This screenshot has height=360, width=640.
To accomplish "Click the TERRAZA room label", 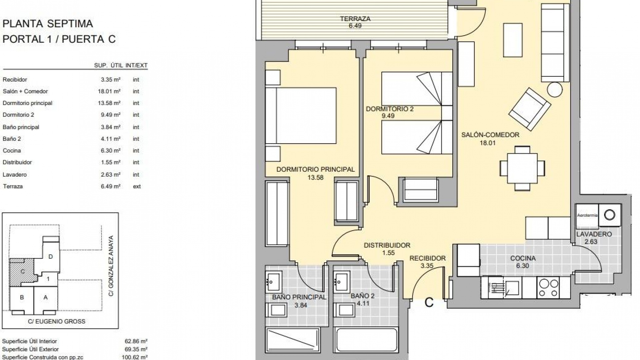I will (355, 19).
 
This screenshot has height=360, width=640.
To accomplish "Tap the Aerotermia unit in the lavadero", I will (587, 215).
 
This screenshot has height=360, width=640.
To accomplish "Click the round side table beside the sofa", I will (555, 90).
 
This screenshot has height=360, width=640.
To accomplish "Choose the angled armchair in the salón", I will (529, 109).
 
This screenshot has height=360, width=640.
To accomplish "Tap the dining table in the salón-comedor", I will (522, 168).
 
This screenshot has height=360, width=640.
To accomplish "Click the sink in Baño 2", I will (342, 279).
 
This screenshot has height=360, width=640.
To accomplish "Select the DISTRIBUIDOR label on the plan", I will (387, 245).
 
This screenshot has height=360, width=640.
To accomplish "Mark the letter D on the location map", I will (51, 256).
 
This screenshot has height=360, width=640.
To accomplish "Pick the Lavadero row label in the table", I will (15, 175).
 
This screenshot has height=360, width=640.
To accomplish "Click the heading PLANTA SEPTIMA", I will (48, 24).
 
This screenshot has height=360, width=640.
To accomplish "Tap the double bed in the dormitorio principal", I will (301, 116).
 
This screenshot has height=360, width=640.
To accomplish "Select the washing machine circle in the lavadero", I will (609, 215).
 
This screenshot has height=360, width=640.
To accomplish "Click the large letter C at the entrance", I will (429, 302).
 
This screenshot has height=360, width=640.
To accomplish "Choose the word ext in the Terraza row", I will (137, 187).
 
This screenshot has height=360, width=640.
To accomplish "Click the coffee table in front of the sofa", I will (512, 40).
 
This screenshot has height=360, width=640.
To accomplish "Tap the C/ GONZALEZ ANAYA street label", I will (111, 266).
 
